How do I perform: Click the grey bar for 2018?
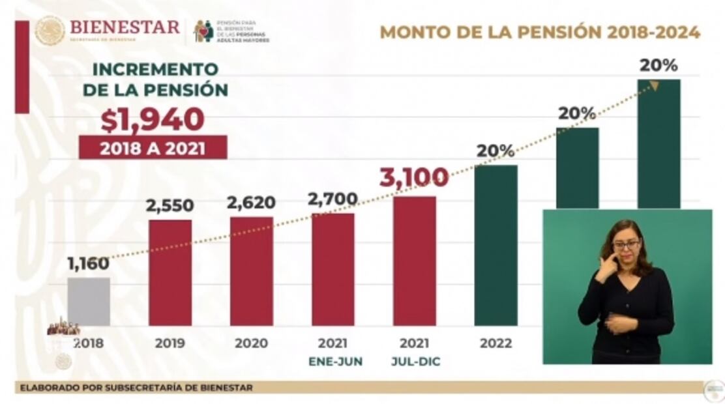tap(89, 301)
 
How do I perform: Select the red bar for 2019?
tap(170, 272)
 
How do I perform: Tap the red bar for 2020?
tap(252, 270)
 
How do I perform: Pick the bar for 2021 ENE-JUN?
tap(333, 269)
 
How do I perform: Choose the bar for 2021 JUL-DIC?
tap(414, 261)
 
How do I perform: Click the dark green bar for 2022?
tap(496, 245)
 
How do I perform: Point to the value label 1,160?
tap(88, 265)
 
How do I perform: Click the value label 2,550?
tap(170, 206)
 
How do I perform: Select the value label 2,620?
tap(251, 203)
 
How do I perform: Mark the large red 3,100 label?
tap(414, 177)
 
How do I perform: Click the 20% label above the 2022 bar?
tap(496, 151)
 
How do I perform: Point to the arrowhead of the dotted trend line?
tap(654, 85)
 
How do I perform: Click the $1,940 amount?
tap(152, 119)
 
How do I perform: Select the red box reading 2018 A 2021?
tap(153, 148)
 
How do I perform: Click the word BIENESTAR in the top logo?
tap(124, 27)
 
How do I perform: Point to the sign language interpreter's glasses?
tap(626, 245)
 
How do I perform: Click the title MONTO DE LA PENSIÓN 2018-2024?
tap(540, 32)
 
